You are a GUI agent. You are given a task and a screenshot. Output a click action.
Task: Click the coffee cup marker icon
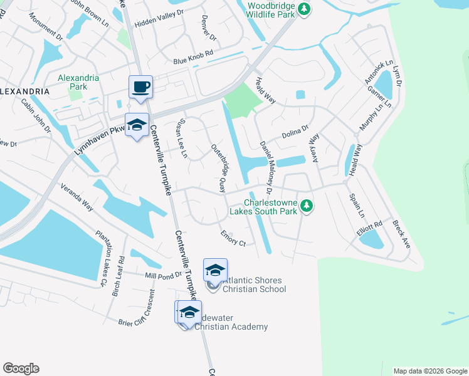point(140,87)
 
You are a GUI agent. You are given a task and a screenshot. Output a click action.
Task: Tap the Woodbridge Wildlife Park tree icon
point(304,8)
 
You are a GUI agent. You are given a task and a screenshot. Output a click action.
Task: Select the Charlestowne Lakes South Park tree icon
point(307,206)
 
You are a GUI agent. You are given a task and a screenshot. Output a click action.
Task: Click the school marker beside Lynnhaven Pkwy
point(137,125)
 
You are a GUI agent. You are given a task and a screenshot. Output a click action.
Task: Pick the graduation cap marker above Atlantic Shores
point(215,270)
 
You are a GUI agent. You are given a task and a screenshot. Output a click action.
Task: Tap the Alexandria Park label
point(78,82)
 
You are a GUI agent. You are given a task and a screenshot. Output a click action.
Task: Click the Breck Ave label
point(401,234)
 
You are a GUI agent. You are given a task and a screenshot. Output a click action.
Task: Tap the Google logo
point(21,368)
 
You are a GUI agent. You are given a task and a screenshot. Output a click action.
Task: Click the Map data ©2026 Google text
point(429,371)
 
